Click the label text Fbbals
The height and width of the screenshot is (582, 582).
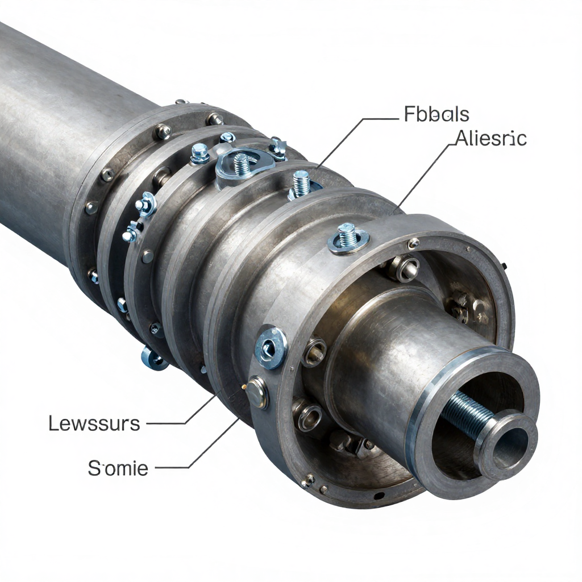pyautogui.click(x=436, y=114)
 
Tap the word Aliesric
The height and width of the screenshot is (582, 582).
pyautogui.click(x=490, y=138)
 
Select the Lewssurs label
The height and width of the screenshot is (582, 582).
pyautogui.click(x=94, y=423)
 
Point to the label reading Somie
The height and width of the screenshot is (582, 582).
pyautogui.click(x=118, y=468)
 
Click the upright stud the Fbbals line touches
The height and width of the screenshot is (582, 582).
pyautogui.click(x=301, y=184)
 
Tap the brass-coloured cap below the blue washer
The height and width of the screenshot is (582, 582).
pyautogui.click(x=257, y=392)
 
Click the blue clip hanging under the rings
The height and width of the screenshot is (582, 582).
pyautogui.click(x=153, y=359)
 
